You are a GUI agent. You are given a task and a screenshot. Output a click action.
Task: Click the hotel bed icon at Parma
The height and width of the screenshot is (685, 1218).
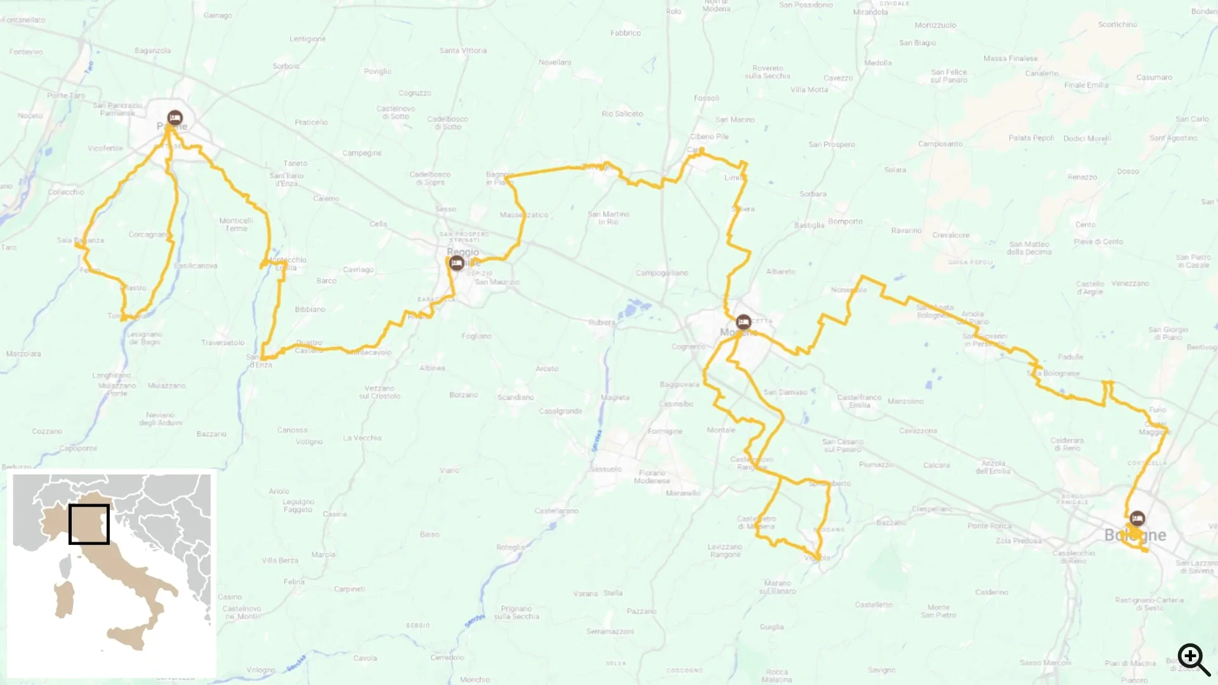(x=175, y=118)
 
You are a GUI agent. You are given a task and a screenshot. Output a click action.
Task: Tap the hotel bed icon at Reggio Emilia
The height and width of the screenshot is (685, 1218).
(x=457, y=263)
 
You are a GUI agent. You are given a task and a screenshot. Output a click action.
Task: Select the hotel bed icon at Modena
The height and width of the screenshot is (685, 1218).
(x=743, y=322)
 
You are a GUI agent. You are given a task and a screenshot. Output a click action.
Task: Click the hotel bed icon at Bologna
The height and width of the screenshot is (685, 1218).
(x=1137, y=519)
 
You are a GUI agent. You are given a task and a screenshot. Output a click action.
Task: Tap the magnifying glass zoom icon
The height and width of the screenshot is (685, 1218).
(x=1193, y=660)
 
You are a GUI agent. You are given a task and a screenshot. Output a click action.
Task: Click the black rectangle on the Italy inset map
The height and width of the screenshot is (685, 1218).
(x=89, y=524)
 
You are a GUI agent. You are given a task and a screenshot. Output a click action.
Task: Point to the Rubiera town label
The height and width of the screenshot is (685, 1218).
(x=601, y=322)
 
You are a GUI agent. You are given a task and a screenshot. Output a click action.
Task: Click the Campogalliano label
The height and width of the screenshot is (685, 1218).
(x=662, y=273)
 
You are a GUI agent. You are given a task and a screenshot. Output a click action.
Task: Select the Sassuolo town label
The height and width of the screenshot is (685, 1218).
(x=605, y=469)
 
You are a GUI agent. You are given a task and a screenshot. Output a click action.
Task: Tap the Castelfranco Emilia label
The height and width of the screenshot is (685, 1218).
(x=859, y=401)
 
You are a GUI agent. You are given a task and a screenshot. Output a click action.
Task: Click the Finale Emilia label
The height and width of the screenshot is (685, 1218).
(x=1086, y=85)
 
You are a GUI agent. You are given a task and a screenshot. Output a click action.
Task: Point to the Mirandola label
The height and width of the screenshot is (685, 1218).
(x=870, y=12)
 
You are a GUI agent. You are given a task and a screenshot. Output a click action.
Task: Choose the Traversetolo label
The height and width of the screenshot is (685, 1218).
(x=223, y=342)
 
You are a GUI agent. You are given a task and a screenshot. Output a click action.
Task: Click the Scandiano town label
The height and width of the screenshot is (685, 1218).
(x=516, y=397)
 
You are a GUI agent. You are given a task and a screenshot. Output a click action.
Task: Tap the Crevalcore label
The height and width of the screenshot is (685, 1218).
(x=951, y=235)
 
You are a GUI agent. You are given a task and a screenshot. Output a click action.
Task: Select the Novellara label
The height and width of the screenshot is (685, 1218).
(x=554, y=62)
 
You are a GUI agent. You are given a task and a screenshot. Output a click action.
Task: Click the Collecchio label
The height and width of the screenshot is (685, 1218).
(x=66, y=192)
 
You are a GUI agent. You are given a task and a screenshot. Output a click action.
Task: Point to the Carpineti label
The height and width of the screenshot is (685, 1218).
(x=349, y=589)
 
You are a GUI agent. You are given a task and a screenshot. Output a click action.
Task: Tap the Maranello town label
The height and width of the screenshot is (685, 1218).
(x=683, y=493)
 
